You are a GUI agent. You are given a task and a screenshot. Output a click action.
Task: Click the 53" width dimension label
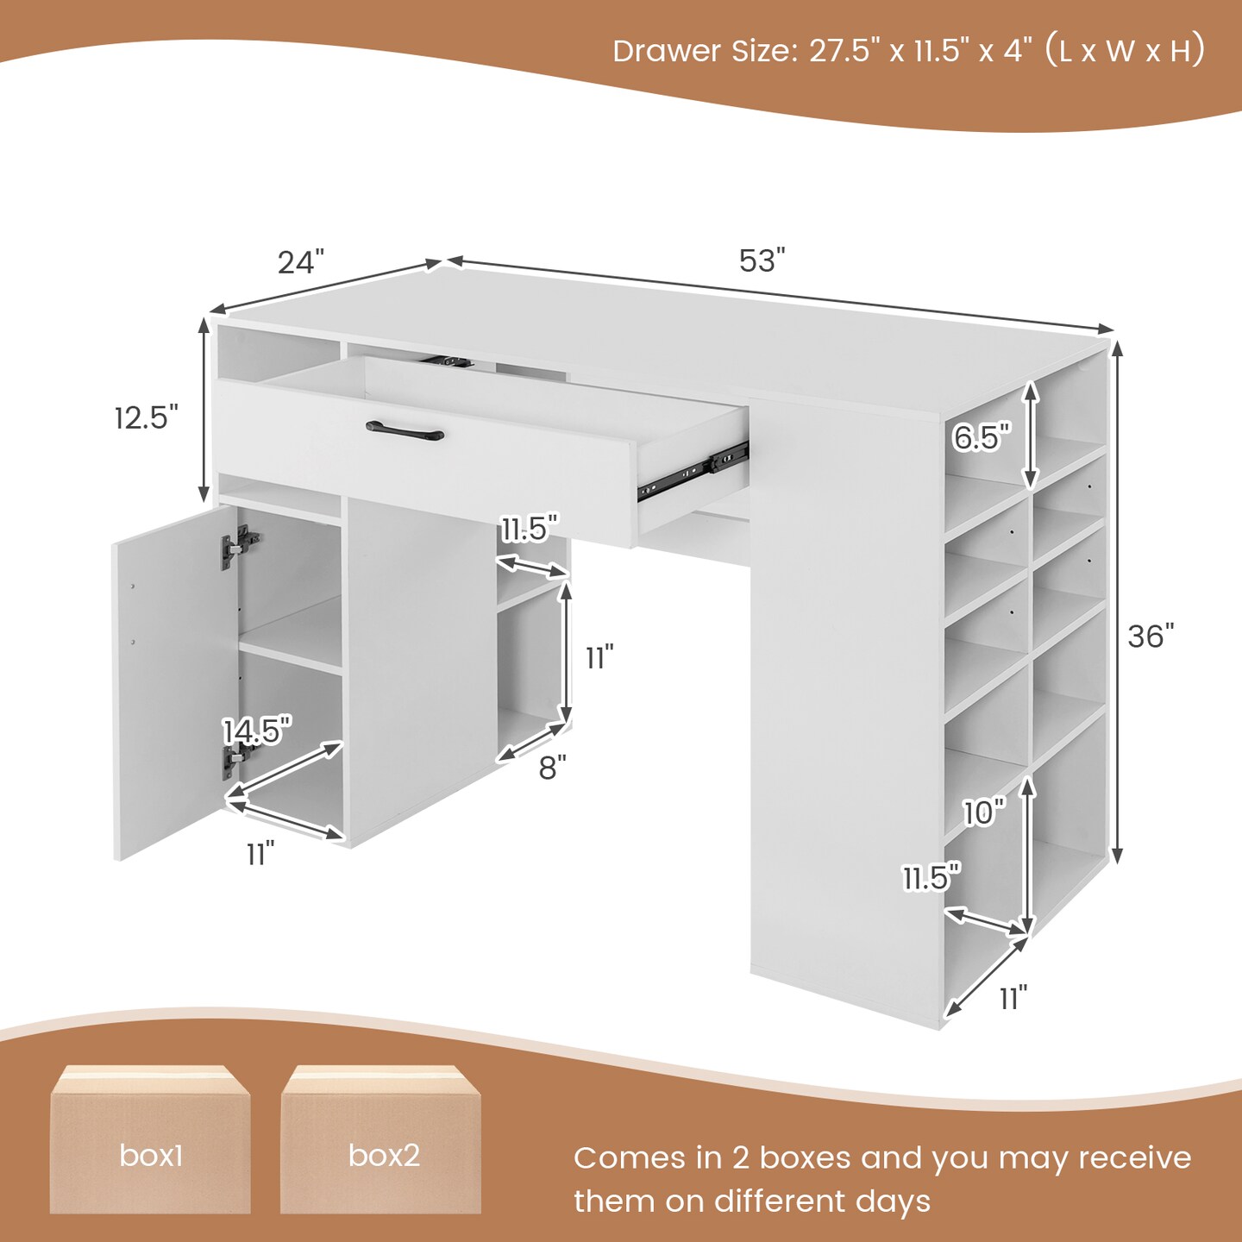[x=762, y=260]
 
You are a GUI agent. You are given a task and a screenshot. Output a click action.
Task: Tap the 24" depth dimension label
[x=301, y=262]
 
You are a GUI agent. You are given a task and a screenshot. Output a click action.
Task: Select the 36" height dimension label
[x=1151, y=637]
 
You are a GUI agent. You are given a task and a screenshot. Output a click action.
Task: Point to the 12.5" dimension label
[x=146, y=417]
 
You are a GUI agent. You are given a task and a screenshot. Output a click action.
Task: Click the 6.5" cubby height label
[x=981, y=438]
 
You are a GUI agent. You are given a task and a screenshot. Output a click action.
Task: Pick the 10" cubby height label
[x=984, y=812]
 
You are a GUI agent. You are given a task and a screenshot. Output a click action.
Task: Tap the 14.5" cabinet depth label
[x=256, y=731]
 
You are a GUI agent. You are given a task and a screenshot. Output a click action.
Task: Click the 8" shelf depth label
[x=552, y=768]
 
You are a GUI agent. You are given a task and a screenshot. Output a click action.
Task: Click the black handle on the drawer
[x=405, y=430]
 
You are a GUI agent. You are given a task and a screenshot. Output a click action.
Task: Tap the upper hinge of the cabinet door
[x=239, y=547]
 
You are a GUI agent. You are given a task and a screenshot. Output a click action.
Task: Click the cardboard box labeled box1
[x=150, y=1139]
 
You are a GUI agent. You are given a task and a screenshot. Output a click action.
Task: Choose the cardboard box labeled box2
[x=380, y=1139]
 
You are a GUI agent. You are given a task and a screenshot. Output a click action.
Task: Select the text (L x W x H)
[x=1125, y=52]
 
